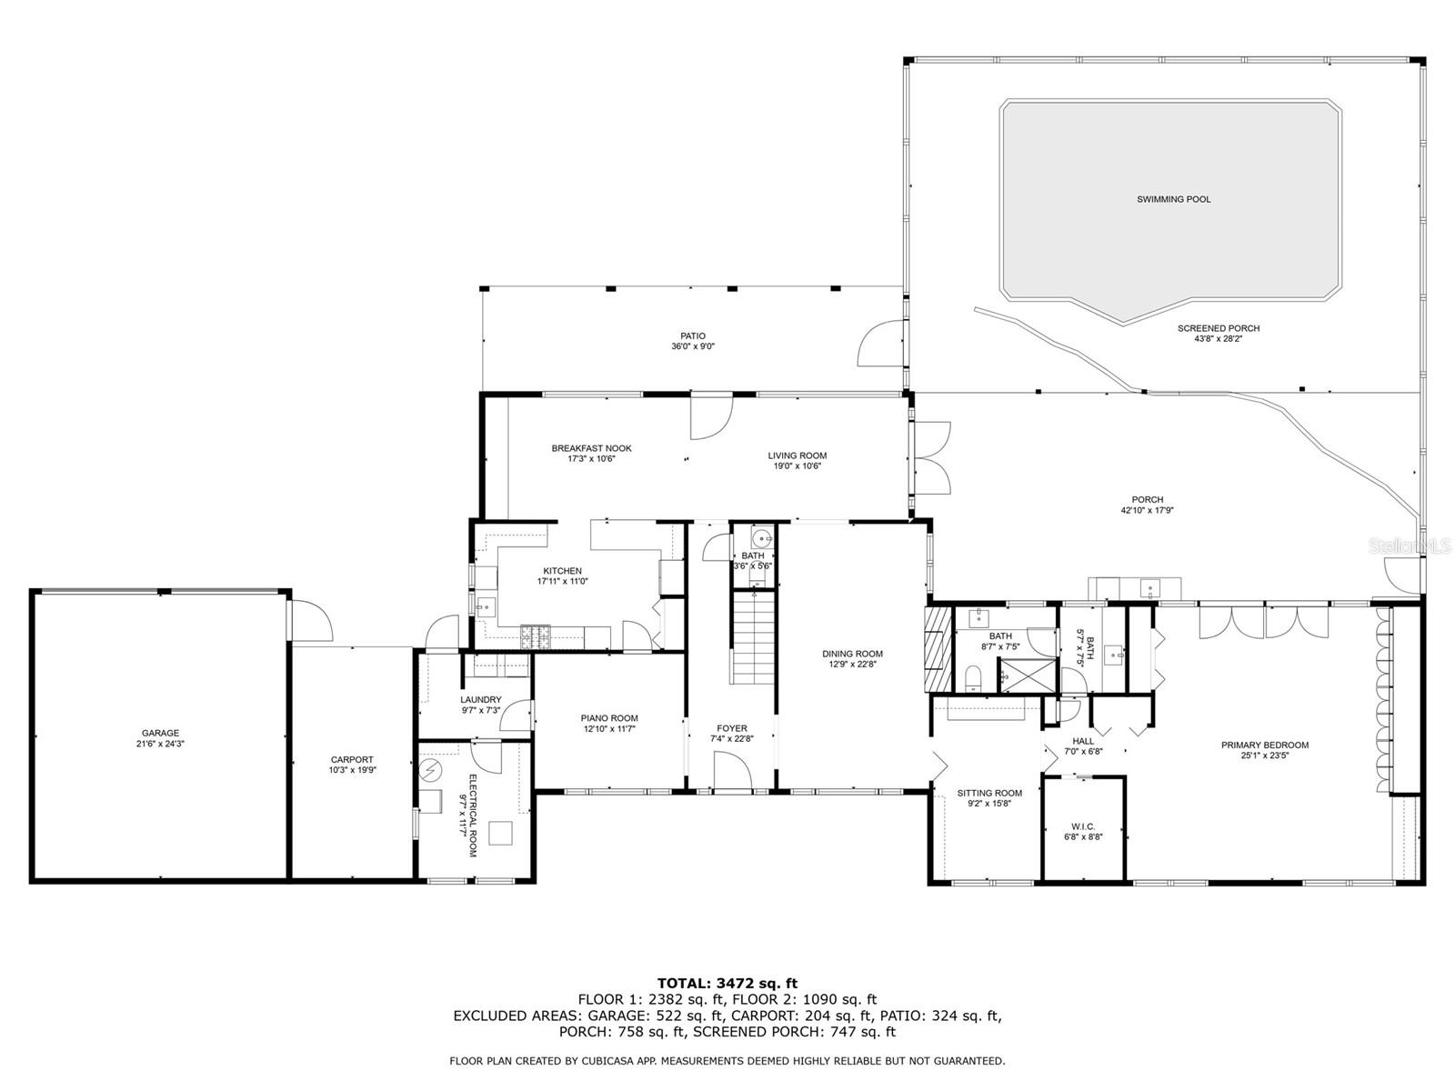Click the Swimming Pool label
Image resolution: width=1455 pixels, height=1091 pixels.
1172,199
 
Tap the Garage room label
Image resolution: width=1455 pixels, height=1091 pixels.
160,733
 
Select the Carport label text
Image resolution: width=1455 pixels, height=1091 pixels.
352,759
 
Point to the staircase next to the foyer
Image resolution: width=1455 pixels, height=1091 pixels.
753,638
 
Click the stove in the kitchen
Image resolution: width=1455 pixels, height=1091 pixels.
535,637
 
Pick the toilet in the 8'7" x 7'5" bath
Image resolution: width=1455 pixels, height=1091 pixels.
972,678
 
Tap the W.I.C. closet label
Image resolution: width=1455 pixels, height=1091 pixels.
1083,826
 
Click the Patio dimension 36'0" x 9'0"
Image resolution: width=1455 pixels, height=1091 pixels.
693,345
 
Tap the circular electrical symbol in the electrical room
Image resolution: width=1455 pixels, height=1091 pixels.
429,770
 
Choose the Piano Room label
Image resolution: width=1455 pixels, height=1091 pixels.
609,718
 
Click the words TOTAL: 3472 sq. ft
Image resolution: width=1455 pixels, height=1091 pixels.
727,983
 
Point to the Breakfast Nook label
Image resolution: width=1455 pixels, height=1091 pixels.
591,448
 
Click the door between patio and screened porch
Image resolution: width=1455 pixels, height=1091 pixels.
881,343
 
